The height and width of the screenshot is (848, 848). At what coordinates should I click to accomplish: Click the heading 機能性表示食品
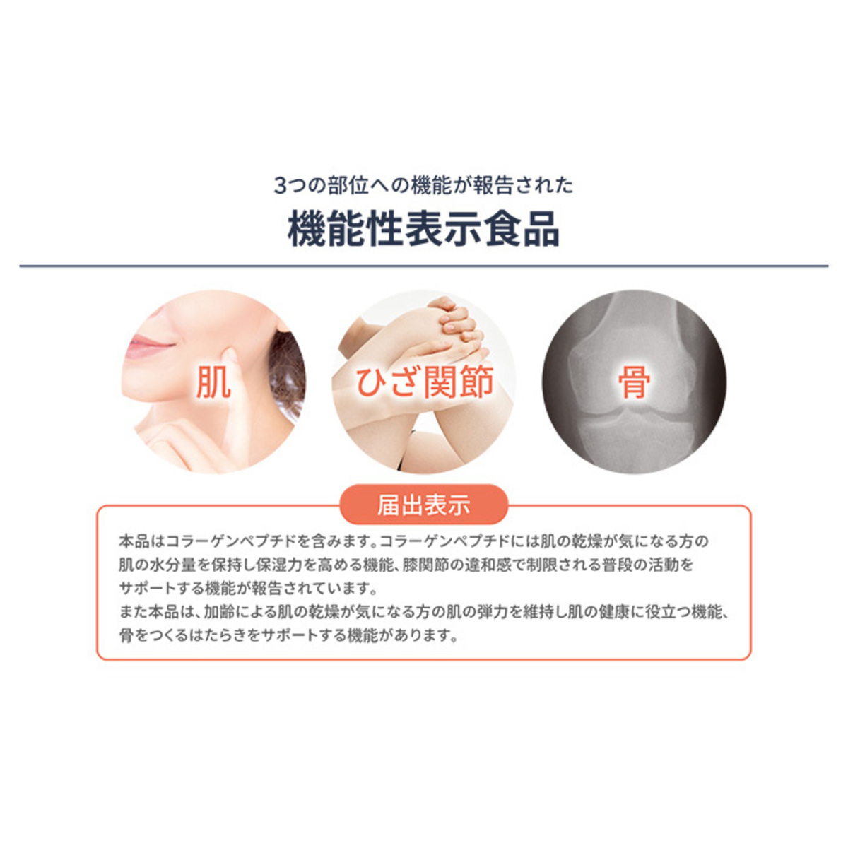point(423,230)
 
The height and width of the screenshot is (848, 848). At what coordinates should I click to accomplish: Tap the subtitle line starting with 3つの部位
point(423,185)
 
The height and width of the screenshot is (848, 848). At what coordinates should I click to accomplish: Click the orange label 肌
point(213,382)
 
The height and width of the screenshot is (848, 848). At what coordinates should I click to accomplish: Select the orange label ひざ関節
point(424,382)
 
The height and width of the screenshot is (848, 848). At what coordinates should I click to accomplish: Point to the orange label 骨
point(634,382)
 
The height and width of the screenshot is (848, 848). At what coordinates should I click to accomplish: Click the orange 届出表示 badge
point(424,506)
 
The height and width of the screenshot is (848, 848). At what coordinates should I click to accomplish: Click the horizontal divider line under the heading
point(424,266)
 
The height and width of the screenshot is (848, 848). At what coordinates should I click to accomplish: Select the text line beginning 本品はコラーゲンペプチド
point(413,542)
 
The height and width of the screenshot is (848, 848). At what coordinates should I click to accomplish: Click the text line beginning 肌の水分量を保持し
point(406,565)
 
